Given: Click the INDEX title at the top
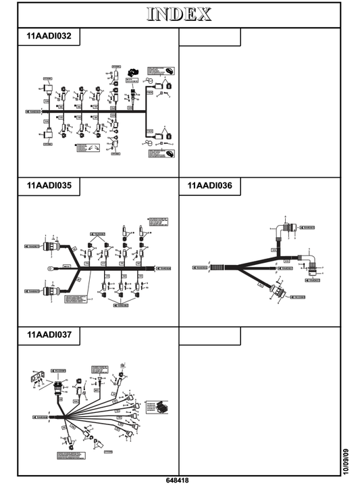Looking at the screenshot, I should click(179, 14).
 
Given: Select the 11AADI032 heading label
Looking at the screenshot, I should click(49, 36).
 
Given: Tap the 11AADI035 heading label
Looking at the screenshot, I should click(49, 184).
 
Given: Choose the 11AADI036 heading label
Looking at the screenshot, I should click(209, 184).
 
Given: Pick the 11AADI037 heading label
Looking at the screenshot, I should click(49, 334).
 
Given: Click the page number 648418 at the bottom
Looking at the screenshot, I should click(177, 481).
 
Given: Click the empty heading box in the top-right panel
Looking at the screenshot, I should click(209, 36).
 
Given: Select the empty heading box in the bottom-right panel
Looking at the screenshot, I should click(209, 334).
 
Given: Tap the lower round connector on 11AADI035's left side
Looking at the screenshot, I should click(49, 292).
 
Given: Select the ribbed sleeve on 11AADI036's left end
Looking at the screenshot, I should click(216, 268).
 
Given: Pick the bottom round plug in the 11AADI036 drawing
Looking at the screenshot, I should click(278, 293).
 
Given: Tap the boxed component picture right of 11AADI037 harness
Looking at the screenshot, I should click(162, 409).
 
